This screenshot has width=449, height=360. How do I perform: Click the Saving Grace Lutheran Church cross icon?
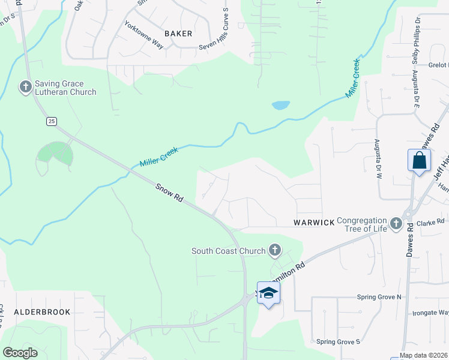(25, 88)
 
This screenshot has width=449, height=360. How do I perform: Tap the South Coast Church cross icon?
(274, 250)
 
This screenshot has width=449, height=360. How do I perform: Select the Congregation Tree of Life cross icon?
(395, 224)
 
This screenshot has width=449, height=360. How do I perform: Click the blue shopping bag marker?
(419, 161)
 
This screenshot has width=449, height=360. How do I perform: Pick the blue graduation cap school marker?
(268, 293)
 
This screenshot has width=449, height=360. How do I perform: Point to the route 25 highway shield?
(52, 121)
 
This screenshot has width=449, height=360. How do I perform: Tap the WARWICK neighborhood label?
(314, 223)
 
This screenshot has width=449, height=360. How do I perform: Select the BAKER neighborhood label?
(178, 34)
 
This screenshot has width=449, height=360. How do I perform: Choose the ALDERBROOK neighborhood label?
(42, 312)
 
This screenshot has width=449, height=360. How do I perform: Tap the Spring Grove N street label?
(379, 297)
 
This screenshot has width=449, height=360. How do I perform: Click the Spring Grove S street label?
(338, 342)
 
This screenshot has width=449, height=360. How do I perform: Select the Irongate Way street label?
(430, 313)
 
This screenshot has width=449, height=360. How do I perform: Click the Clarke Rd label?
(432, 221)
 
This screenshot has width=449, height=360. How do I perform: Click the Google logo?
(20, 353)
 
